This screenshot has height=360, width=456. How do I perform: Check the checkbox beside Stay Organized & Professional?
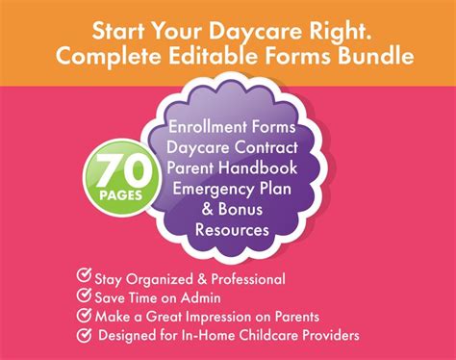pos(85,278)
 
